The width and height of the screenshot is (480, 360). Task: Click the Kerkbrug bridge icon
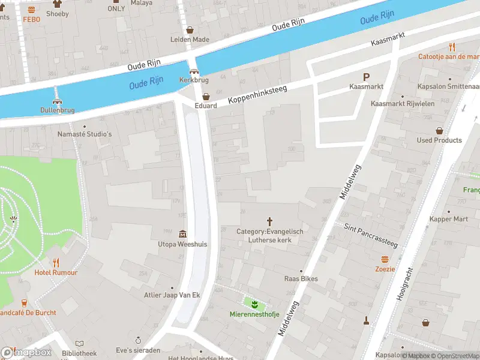point(194,71)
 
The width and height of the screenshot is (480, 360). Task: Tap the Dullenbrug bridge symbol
point(58,101)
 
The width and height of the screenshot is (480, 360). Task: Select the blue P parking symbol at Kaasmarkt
point(366,77)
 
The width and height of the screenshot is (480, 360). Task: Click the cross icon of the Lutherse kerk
point(269,221)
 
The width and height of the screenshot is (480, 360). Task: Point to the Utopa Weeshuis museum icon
point(182,234)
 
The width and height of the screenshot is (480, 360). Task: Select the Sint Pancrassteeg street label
point(371,236)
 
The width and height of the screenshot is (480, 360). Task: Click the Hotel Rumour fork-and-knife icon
point(56,263)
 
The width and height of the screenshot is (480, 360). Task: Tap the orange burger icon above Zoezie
point(385,259)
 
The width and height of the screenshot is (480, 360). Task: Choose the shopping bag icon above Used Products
point(439,130)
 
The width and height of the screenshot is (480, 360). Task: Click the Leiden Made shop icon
point(190,29)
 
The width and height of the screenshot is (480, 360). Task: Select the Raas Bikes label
point(301,279)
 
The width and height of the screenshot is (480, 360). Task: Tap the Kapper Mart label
point(448,219)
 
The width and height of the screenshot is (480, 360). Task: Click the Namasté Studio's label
point(85,134)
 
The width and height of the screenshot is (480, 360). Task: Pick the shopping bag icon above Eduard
point(206,96)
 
